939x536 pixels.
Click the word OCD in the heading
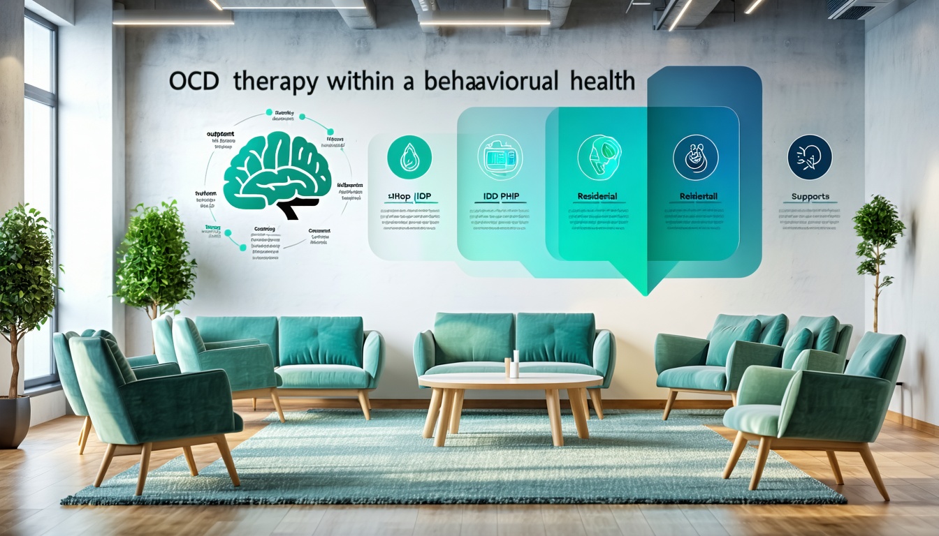coord(194,81)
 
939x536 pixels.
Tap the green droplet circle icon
coord(409,158)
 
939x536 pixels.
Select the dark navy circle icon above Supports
coord(809,157)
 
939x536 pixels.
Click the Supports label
coord(810,197)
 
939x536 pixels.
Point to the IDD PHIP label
coord(501,198)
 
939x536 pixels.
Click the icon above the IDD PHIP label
coord(500,158)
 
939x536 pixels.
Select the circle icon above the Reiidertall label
coord(695,158)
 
